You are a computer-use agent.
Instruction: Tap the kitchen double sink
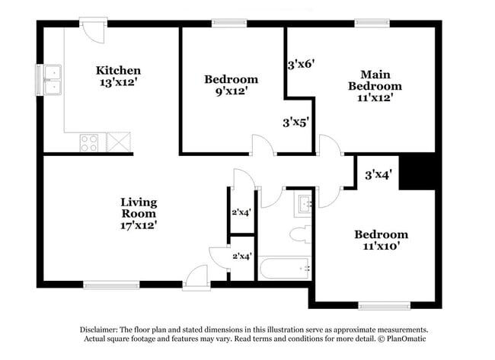53,80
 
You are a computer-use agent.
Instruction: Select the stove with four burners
89,142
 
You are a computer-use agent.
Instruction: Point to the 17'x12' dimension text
139,225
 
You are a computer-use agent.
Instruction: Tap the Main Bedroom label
375,80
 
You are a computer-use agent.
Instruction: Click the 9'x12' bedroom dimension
231,91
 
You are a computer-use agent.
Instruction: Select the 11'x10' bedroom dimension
380,247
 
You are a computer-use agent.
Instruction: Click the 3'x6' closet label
301,65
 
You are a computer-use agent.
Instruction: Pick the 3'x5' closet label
296,122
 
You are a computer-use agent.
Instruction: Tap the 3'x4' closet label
378,175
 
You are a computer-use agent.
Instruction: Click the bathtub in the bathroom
283,269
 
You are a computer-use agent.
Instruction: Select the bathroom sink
304,203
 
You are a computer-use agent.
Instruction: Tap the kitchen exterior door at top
93,30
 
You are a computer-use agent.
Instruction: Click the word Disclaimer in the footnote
104,330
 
